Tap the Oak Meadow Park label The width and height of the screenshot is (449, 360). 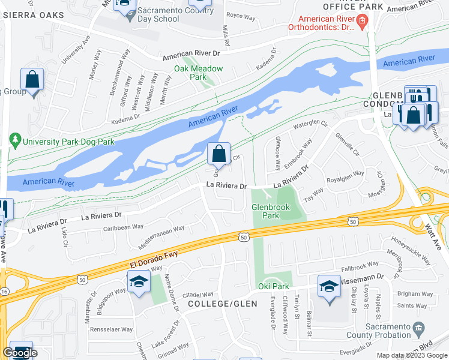click(199, 73)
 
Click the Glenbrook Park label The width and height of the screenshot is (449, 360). click(266, 211)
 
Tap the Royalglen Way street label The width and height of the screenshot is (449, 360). click(345, 176)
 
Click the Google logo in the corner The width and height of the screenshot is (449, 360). click(19, 353)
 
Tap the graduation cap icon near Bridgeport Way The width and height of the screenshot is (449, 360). click(139, 281)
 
